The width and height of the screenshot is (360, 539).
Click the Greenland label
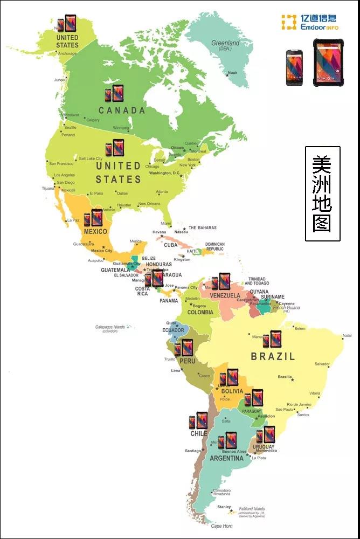225,43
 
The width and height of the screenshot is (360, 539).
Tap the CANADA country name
122,110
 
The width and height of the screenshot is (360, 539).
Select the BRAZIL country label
273,356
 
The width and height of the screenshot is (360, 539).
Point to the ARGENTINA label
226,459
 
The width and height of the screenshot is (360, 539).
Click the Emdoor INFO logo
310,23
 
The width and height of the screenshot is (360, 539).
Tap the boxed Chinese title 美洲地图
322,194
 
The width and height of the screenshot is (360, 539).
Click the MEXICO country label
95,231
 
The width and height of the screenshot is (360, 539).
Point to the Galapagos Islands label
110,327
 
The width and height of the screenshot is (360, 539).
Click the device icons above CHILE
198,420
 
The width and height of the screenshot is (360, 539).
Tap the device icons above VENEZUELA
220,281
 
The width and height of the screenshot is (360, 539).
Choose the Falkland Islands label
252,509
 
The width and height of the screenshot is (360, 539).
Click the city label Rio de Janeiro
300,404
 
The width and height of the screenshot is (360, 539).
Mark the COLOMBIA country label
200,313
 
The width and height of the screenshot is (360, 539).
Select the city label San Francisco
61,163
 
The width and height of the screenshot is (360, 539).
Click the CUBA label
171,245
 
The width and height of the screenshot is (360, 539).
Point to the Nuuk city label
232,73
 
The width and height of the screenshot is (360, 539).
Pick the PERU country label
188,361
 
